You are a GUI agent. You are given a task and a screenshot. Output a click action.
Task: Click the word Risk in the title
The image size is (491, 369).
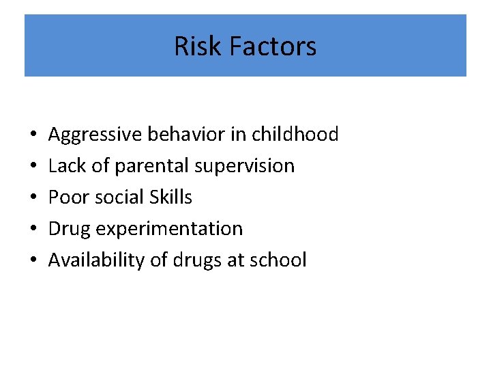pyautogui.click(x=198, y=46)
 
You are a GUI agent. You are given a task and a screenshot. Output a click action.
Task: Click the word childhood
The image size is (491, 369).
pyautogui.click(x=295, y=134)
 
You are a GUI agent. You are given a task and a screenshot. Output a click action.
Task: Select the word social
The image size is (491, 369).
pyautogui.click(x=110, y=197)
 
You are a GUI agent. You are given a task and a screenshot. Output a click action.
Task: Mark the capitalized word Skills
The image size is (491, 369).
pyautogui.click(x=168, y=197)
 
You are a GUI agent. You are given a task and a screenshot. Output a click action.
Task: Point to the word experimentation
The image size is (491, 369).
pyautogui.click(x=169, y=229)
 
